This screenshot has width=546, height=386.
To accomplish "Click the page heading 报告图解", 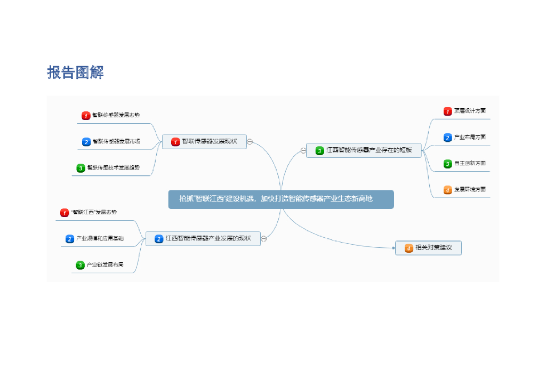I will [75, 72].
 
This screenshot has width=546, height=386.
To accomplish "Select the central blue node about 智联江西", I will [281, 199].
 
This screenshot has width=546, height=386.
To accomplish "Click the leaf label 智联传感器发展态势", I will [116, 115].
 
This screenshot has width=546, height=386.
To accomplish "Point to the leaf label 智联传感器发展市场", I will [116, 141].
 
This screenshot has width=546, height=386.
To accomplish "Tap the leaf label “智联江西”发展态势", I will [93, 212].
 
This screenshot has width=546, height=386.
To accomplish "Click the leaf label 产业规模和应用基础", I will [100, 238].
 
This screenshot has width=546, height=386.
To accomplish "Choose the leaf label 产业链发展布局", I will [105, 264].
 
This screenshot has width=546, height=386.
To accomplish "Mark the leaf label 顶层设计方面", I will [469, 111].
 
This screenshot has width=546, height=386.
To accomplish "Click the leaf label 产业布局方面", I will [469, 137].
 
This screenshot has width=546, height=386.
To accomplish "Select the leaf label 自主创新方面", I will [469, 163].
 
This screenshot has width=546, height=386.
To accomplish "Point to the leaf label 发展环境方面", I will [469, 189].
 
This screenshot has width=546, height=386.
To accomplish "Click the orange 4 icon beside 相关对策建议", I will [409, 248].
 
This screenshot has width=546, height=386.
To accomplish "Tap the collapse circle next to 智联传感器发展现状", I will [250, 142].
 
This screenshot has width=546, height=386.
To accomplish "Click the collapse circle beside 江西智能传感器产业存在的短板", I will [303, 151].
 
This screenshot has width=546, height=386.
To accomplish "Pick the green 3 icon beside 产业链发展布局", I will [80, 265].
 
